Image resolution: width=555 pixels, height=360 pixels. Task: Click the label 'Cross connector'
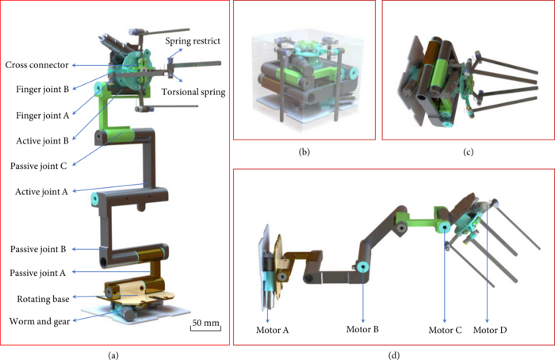[x=36, y=65]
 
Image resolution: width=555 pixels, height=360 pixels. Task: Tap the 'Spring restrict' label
[x=193, y=41]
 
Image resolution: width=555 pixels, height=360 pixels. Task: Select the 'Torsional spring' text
[x=193, y=92]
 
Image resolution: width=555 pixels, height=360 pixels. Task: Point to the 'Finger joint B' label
[x=43, y=89]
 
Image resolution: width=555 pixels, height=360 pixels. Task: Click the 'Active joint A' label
[x=41, y=192]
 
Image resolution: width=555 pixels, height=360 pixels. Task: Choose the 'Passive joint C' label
[x=39, y=166]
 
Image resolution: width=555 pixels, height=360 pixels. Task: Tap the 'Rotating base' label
[x=43, y=299]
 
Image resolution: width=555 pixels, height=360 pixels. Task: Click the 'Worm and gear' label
[x=40, y=321]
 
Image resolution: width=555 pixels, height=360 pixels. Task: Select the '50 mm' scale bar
[x=205, y=325]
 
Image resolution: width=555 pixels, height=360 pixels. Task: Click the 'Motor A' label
[x=273, y=331]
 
